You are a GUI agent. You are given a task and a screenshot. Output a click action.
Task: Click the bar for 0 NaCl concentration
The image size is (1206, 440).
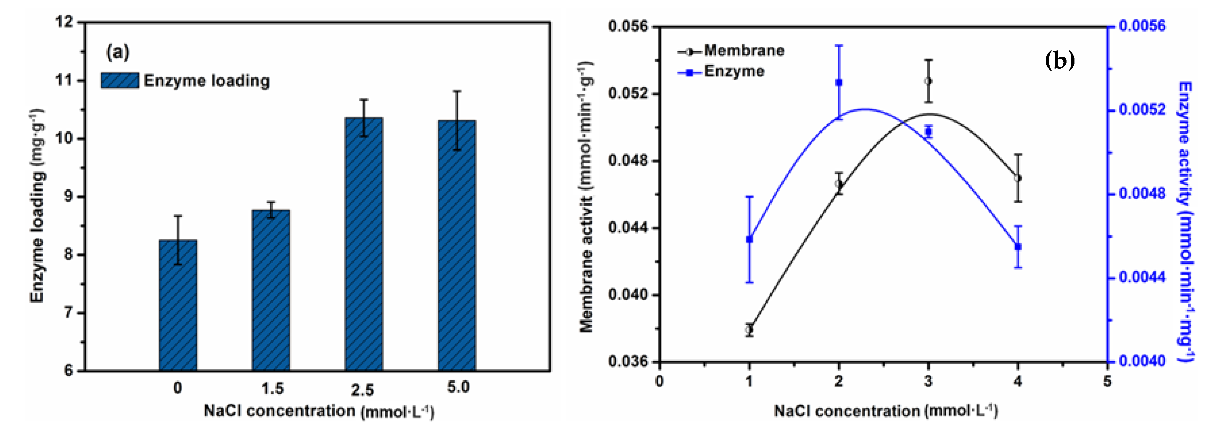point(178,305)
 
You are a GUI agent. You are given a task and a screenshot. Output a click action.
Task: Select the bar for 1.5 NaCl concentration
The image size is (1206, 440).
point(271,290)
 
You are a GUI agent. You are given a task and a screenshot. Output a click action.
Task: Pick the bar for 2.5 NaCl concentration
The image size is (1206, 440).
point(364,244)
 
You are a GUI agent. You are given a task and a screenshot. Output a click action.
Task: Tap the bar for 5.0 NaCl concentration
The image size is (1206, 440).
point(457,246)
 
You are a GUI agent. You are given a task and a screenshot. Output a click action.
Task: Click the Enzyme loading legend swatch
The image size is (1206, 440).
point(120,81)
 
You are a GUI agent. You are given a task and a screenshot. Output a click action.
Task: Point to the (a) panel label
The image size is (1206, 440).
point(118,51)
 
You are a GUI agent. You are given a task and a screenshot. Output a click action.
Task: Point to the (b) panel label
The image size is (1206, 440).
point(1060,60)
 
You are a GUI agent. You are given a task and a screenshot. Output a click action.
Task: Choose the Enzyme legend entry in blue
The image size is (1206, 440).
point(721,72)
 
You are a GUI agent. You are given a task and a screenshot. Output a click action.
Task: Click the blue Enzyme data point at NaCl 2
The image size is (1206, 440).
point(839,83)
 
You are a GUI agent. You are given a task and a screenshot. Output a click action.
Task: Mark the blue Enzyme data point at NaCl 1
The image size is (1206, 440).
point(749,239)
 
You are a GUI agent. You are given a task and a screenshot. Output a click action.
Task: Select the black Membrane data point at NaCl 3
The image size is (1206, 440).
point(928,81)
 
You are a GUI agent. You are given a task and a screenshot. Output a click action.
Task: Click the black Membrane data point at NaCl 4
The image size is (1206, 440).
point(1018,178)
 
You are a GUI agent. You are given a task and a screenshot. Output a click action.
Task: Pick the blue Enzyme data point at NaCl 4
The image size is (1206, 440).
point(1018,246)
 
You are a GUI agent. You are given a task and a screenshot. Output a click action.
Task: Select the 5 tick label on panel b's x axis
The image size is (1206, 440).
point(1107,381)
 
